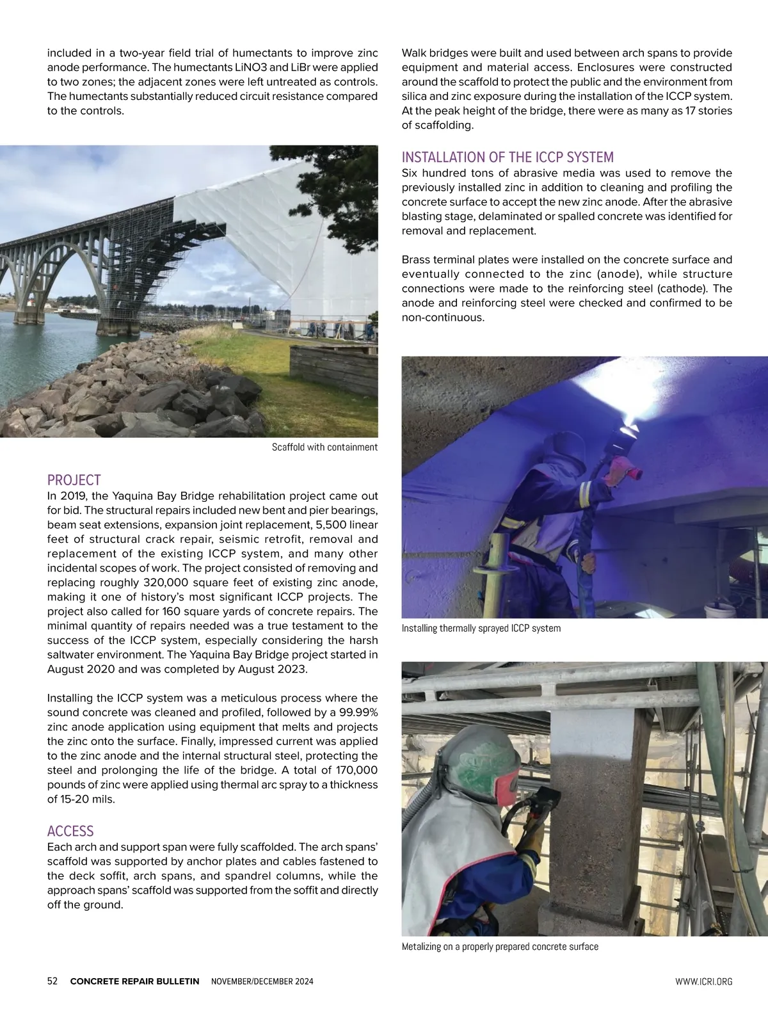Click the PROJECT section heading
tap(74, 480)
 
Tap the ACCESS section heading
tap(70, 831)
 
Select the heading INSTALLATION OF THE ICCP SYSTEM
tap(508, 157)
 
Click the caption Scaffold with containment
tap(324, 447)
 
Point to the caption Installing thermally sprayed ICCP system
tap(481, 629)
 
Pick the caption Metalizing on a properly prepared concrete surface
tap(500, 947)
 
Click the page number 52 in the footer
tap(52, 981)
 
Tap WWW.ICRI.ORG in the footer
tap(703, 981)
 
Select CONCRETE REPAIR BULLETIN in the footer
tap(134, 981)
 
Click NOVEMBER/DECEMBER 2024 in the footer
tap(262, 981)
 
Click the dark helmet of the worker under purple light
tap(566, 448)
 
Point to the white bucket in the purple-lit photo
tap(716, 611)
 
